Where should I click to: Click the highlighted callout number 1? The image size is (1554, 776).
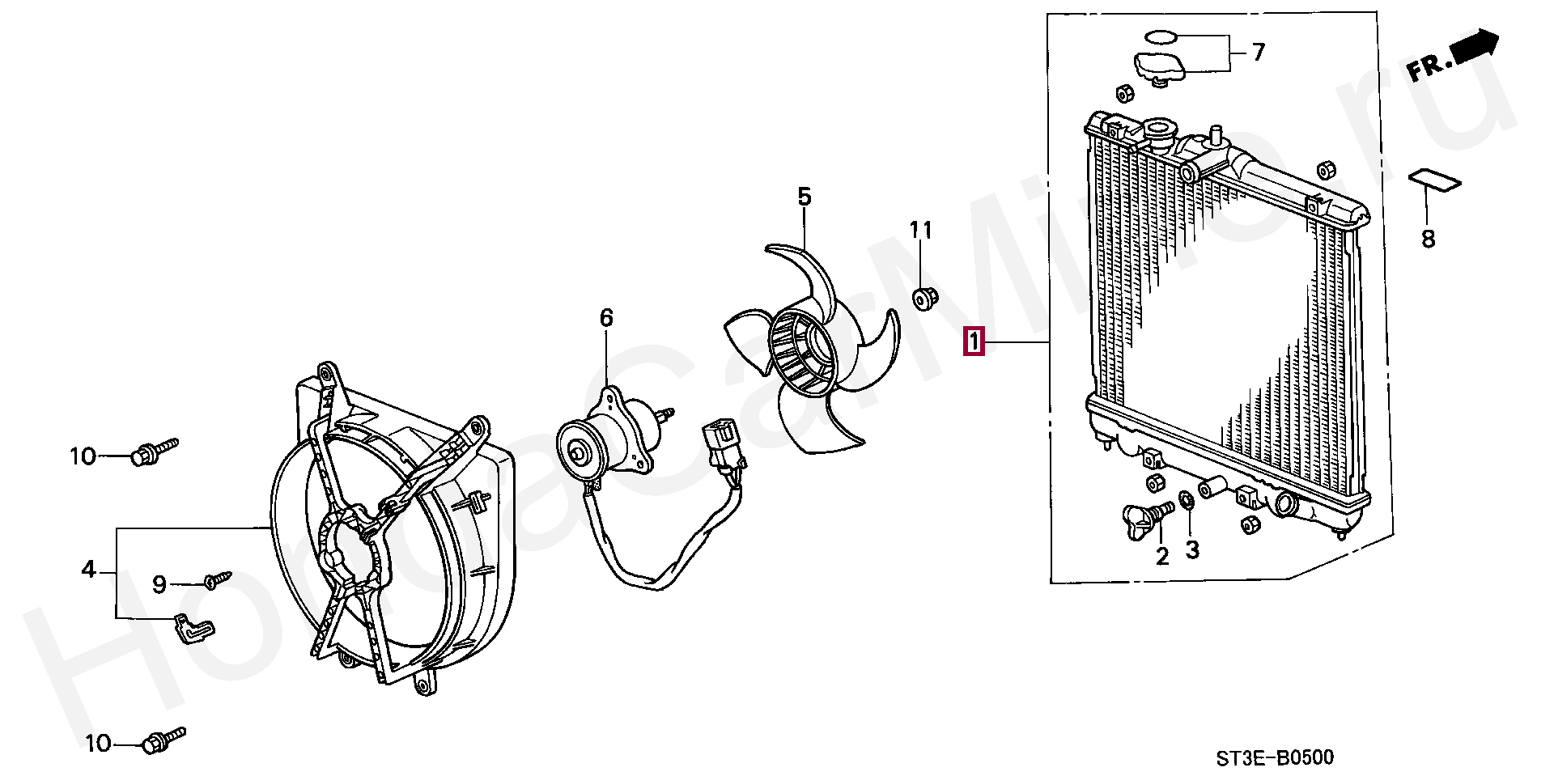click(972, 341)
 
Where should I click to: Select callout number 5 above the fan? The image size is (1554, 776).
click(804, 197)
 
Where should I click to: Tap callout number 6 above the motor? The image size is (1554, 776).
click(606, 318)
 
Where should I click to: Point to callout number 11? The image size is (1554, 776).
click(921, 231)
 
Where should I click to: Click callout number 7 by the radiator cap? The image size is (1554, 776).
click(1258, 53)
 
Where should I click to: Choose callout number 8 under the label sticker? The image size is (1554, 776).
click(1428, 239)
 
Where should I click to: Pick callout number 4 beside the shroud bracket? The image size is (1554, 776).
click(89, 570)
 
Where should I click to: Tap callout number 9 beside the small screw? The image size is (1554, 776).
click(159, 584)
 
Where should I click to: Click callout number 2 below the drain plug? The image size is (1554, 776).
click(1162, 556)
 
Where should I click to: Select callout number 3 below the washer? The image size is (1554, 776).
click(1192, 550)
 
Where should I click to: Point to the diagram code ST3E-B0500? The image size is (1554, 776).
click(1274, 757)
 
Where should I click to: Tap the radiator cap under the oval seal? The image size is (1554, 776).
click(1159, 68)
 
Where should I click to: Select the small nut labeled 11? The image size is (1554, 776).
click(923, 298)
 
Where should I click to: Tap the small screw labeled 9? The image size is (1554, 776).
click(217, 580)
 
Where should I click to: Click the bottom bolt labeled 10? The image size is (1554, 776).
click(163, 740)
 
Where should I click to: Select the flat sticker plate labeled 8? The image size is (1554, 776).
click(1435, 180)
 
